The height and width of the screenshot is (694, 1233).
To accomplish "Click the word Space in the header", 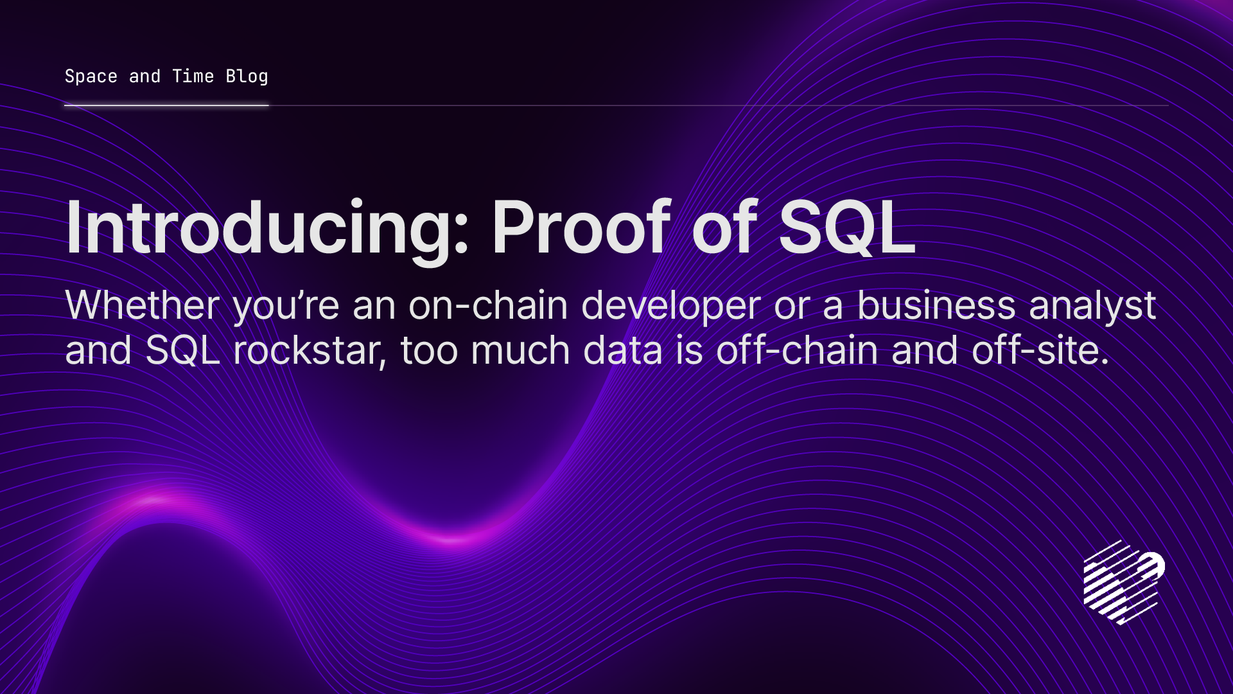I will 91,76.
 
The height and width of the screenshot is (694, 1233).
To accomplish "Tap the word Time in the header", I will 193,76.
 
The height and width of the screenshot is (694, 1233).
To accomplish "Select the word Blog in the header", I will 247,76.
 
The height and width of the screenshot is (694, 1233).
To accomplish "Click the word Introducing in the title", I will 260,229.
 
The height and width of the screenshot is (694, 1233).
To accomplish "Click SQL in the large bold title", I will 846,227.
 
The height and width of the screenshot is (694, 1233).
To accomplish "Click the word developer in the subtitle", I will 670,306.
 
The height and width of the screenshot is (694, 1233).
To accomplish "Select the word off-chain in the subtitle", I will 796,351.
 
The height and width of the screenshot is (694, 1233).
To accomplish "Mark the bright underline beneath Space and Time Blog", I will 166,105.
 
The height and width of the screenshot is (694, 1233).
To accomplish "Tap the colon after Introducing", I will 461,234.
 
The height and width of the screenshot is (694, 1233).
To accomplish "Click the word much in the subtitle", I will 520,351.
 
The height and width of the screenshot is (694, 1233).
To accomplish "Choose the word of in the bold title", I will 724,227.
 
